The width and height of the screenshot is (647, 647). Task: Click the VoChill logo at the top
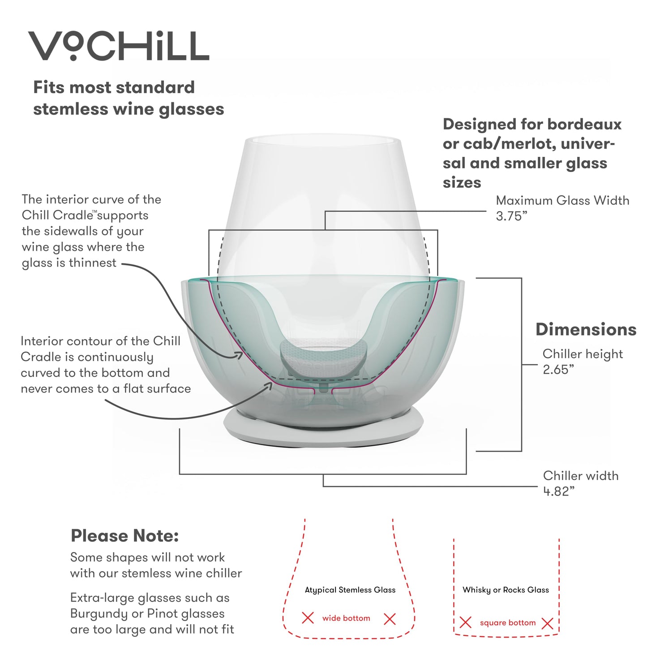(119, 46)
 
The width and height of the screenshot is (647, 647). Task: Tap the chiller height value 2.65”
(558, 370)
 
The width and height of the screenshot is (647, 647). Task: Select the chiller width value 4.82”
(558, 491)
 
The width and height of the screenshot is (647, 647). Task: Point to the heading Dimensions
(586, 329)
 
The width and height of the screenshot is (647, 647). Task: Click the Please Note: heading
(124, 536)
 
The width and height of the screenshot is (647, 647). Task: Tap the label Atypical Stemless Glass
(350, 590)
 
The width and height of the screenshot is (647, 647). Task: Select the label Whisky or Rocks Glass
(506, 590)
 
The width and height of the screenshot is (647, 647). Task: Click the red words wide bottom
(346, 618)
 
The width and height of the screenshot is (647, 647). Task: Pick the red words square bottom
(507, 623)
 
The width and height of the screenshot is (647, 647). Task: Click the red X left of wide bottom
(308, 618)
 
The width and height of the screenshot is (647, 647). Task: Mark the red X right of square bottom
(547, 623)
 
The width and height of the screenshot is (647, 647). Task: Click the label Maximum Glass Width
(562, 200)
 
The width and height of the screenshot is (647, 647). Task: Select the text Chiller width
(580, 475)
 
